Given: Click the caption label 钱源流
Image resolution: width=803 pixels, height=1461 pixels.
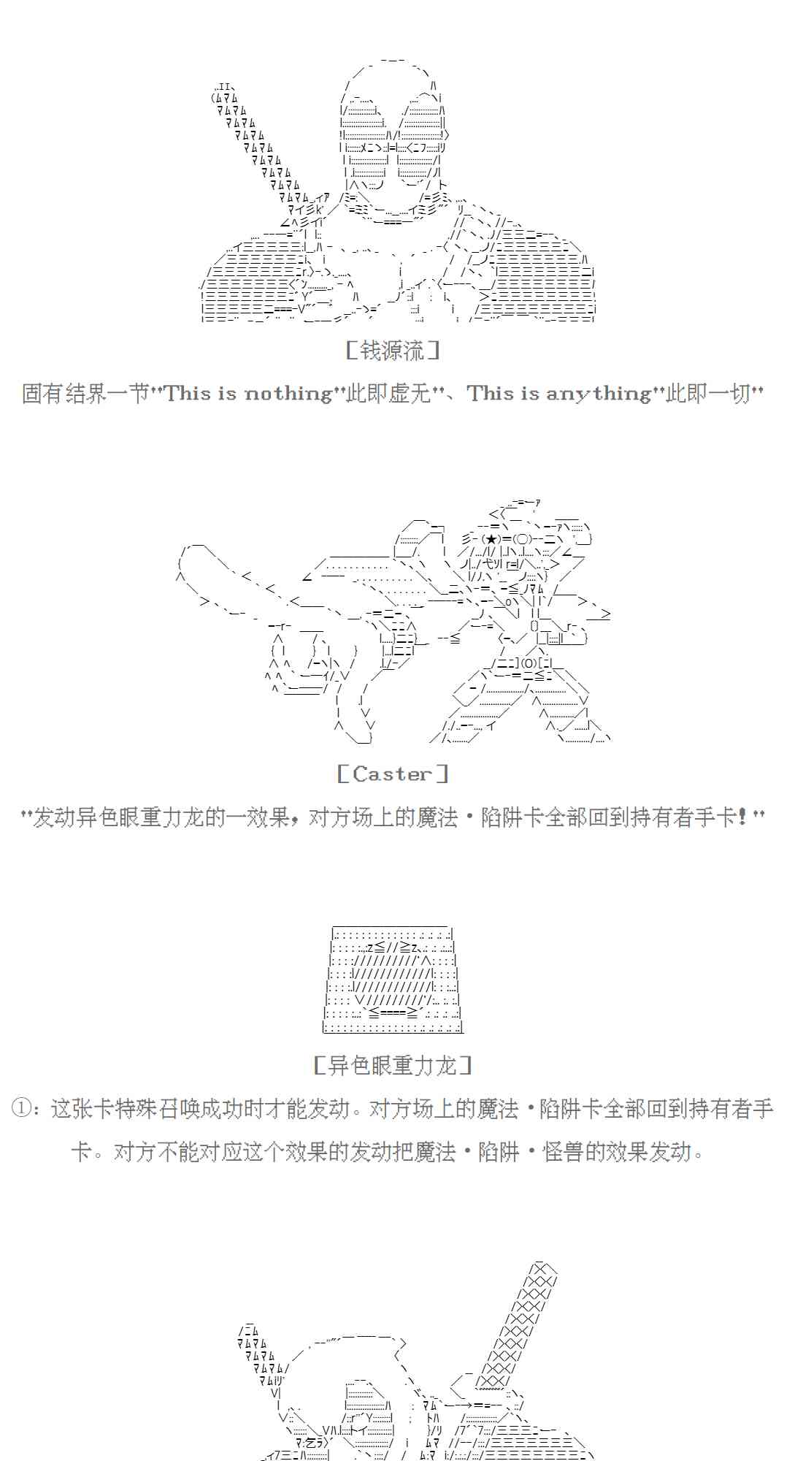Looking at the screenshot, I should coord(393,351).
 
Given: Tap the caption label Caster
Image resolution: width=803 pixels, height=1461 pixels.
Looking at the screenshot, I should coord(393,774).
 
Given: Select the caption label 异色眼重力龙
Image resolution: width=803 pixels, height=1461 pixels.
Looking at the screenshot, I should coord(393,1066).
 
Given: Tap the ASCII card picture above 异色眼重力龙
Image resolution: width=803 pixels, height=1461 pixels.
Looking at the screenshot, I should coord(393,979).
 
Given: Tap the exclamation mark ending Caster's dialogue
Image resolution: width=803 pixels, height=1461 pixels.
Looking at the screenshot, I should coord(742,817).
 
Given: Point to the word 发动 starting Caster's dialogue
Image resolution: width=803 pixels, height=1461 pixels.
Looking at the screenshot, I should coord(54,817).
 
